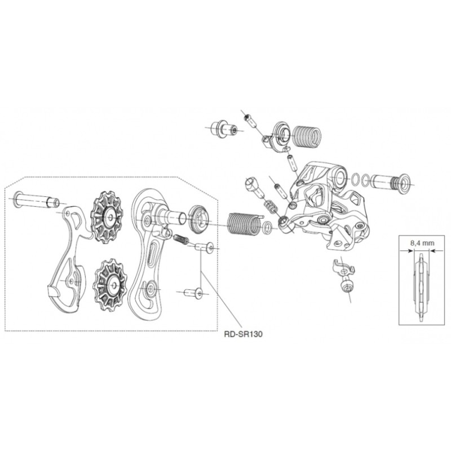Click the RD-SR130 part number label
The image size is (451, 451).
(x=243, y=334)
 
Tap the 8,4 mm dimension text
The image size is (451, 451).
(x=422, y=243)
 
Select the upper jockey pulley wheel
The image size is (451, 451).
(x=107, y=217)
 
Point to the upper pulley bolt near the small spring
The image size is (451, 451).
(x=205, y=247)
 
